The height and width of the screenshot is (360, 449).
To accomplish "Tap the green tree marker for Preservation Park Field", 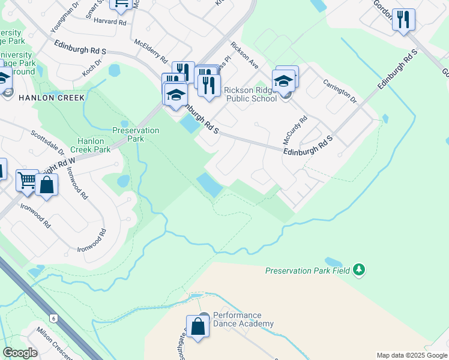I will (x=359, y=269).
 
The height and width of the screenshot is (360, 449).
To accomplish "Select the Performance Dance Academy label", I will (x=238, y=319).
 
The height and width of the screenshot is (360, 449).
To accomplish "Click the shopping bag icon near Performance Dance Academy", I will (x=197, y=327).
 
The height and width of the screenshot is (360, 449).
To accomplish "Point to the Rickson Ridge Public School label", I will (x=250, y=94).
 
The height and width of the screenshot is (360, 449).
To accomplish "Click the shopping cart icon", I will (x=27, y=179).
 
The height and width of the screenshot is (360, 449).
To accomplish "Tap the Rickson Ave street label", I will (x=244, y=55).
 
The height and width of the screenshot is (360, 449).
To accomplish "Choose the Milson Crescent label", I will (x=55, y=341).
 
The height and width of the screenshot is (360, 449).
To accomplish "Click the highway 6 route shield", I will (x=53, y=318).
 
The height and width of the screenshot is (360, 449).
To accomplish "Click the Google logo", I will (x=20, y=353).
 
